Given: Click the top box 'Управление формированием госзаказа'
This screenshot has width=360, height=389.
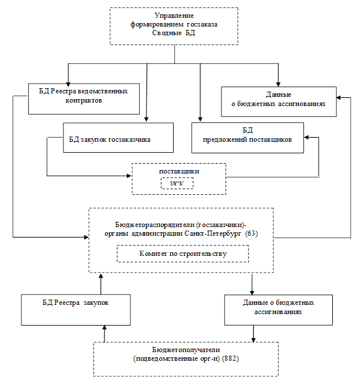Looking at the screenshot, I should point(174,26).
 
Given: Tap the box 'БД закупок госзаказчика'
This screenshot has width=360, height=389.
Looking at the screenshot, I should point(110,139).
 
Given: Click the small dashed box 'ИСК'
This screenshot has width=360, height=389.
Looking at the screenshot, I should point(177,183).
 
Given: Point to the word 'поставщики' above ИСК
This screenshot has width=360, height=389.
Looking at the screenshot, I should point(179,172).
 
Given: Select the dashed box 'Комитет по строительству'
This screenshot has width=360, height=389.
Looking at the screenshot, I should point(182,254).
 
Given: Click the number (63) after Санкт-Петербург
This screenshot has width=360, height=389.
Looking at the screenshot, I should point(252,233).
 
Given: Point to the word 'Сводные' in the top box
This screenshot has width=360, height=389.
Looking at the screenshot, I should point(168,33).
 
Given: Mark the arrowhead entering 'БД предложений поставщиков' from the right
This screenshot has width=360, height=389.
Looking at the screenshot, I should point(307,137).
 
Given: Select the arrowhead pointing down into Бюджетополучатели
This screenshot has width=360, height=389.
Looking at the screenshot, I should point(254,339).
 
